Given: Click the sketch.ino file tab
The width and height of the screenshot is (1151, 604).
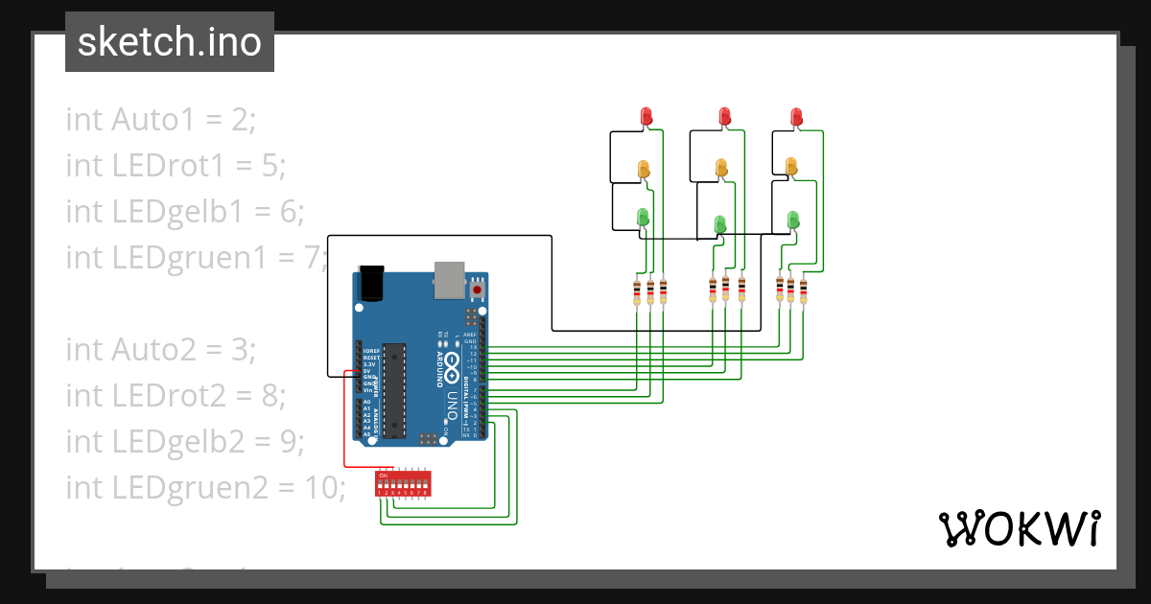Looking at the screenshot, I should click(170, 42).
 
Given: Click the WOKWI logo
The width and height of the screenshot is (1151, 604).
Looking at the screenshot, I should click(1018, 528).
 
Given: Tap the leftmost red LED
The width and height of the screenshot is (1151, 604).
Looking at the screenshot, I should click(646, 115).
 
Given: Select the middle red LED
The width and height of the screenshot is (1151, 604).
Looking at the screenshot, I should click(725, 116).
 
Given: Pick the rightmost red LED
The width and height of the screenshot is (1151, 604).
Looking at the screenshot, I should click(797, 116).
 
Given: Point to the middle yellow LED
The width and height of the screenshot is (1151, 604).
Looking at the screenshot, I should click(721, 168).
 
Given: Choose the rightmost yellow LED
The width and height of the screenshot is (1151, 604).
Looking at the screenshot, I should click(791, 167).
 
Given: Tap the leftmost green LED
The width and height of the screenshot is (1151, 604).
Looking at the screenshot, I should click(644, 218).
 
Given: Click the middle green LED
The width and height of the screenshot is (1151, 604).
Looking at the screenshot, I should click(720, 223).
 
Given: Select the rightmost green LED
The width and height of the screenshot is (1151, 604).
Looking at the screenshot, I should click(794, 220).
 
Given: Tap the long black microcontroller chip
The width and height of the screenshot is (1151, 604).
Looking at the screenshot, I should click(393, 390).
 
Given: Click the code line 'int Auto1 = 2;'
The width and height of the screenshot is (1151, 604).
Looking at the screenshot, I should click(161, 120).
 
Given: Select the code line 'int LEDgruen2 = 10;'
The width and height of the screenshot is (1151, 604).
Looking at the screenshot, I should click(205, 487).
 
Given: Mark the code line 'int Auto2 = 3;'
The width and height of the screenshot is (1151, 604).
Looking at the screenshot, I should click(161, 350).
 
